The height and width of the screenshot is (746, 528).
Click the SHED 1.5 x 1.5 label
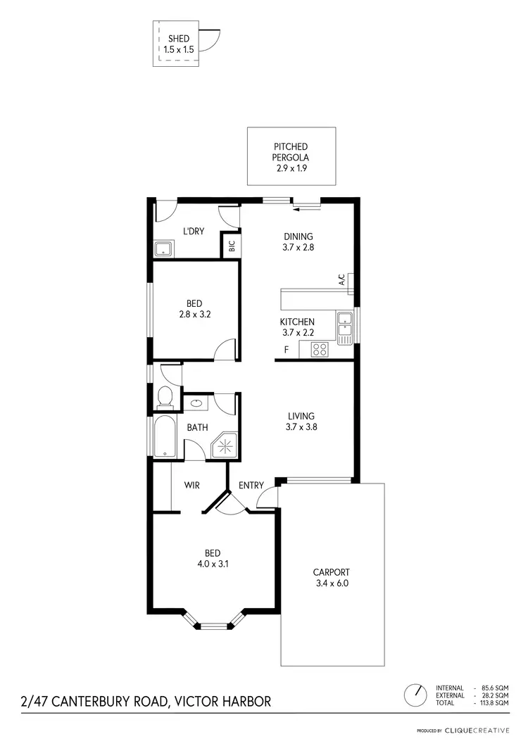(x=178, y=44)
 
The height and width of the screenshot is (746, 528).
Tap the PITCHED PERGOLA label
(x=291, y=158)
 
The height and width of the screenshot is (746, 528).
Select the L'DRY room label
(x=194, y=232)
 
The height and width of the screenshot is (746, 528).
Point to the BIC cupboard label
(x=232, y=247)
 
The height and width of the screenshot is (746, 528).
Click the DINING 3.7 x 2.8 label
(x=298, y=242)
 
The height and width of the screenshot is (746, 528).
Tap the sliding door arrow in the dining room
(x=306, y=207)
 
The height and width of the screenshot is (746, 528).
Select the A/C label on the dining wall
(x=342, y=282)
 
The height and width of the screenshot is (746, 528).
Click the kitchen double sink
(x=344, y=328)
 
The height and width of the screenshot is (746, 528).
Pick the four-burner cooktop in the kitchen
(x=319, y=349)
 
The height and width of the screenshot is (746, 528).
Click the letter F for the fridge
(x=286, y=350)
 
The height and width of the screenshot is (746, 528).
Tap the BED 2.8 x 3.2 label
(x=195, y=309)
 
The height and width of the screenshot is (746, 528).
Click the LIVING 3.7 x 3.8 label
(x=301, y=421)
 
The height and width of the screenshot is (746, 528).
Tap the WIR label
(x=194, y=486)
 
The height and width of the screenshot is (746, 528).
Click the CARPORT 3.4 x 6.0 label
(x=331, y=578)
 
